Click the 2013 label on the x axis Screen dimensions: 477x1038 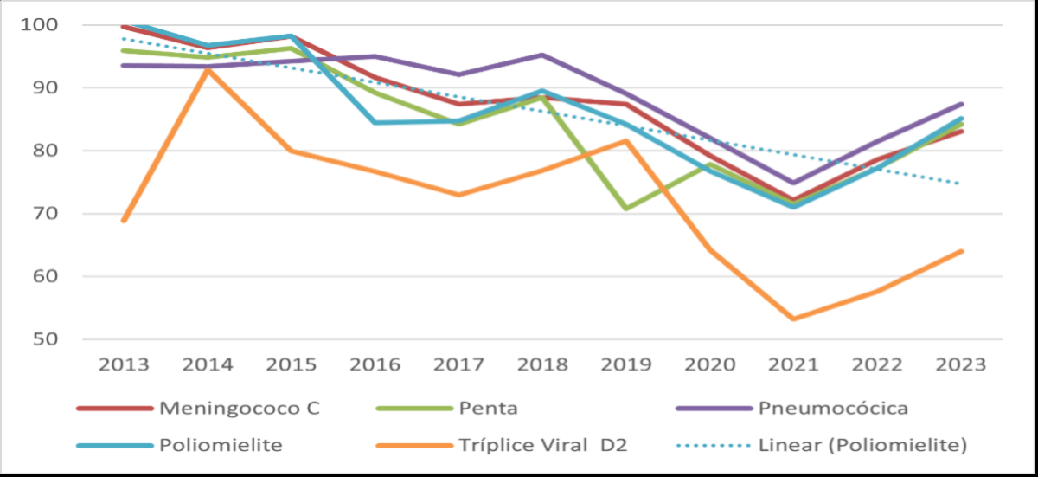click(123, 364)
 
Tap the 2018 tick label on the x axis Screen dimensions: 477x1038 click(542, 364)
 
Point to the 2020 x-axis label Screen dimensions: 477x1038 click(710, 364)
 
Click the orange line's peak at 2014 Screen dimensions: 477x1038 click(208, 69)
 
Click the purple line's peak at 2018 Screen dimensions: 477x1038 click(542, 55)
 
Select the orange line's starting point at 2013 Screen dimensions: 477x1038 click(124, 221)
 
